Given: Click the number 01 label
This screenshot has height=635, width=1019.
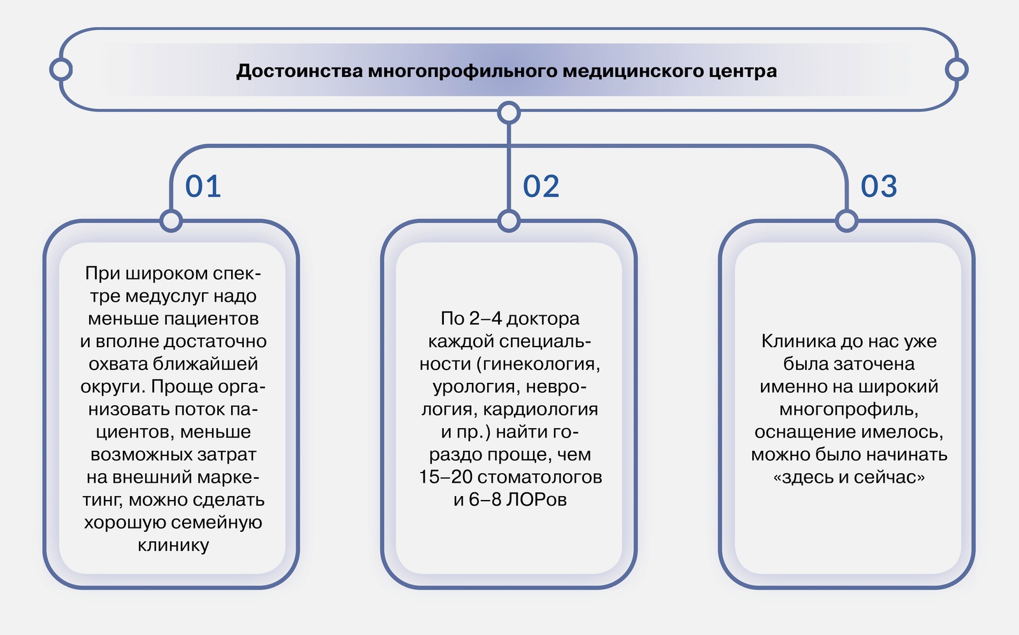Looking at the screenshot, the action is pos(203,186).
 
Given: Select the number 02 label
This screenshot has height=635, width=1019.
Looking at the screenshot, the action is pos(541,186).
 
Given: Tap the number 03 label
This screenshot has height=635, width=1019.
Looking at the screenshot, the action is pos(879,186).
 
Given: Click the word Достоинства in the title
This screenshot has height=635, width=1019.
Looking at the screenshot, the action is pos(299,71).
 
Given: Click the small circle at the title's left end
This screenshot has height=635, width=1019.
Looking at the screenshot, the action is pos(61,69).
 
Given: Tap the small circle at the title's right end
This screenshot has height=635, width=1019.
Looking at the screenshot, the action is pos(957,69).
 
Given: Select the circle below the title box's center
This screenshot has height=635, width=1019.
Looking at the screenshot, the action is pos(509,112).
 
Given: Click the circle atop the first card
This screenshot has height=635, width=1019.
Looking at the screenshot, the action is pos(171,221).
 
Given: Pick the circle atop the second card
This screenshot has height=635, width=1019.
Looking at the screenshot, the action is pos(509,221).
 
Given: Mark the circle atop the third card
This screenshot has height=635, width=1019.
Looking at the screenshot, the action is pos(846,221).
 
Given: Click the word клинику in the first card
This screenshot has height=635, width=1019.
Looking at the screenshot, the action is pos(173,545).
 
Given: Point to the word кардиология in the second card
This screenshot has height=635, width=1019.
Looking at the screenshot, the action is pos(541,410).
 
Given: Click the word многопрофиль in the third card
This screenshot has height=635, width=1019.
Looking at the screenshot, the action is pos(847,410).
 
